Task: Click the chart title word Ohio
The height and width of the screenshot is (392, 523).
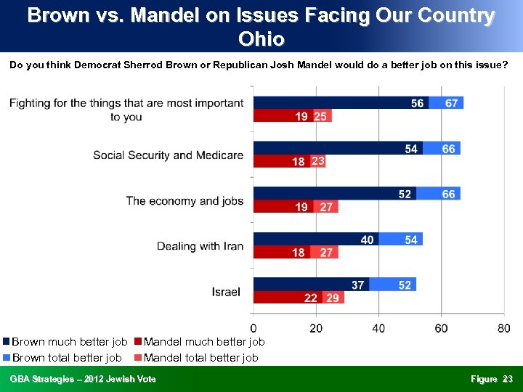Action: (x=261, y=38)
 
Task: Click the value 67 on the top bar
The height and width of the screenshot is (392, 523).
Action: (x=451, y=103)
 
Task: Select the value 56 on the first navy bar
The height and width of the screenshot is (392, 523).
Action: (x=417, y=103)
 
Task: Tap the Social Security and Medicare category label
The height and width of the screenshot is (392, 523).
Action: (x=168, y=155)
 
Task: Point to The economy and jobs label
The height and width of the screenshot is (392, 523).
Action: (x=185, y=200)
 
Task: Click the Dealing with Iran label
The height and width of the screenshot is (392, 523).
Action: (x=200, y=246)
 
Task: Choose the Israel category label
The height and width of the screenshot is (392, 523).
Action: (x=226, y=292)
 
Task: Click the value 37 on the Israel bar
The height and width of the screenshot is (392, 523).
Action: (x=357, y=285)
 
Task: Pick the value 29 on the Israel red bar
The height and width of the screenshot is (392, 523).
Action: (x=333, y=298)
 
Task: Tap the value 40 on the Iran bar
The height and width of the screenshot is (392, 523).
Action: (x=368, y=240)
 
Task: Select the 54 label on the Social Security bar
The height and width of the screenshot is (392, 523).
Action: (x=411, y=149)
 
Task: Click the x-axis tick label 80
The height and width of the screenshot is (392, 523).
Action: (x=503, y=329)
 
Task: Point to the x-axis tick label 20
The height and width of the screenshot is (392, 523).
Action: (x=316, y=329)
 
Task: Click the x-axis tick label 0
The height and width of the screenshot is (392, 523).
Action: (x=253, y=329)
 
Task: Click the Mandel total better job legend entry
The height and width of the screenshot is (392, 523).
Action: (x=200, y=357)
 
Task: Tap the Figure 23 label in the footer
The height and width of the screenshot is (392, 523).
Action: (x=491, y=379)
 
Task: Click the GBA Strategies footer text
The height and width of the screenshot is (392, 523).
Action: (x=83, y=379)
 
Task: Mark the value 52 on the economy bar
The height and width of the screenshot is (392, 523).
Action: (x=405, y=194)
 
